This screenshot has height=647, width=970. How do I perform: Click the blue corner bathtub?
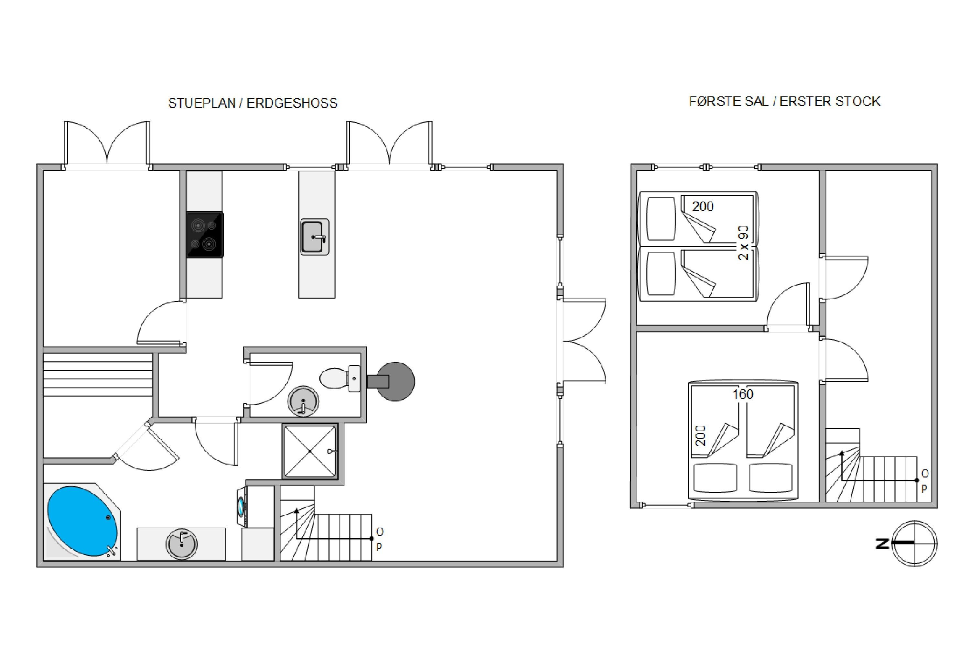82,521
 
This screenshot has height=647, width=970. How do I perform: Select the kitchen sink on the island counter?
315,237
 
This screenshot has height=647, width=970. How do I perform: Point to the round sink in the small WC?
303,401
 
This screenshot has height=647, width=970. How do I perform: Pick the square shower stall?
310,451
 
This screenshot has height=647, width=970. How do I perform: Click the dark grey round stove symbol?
395,381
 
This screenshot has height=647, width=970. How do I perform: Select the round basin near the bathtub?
181,544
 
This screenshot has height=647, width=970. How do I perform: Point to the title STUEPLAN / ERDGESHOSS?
253,103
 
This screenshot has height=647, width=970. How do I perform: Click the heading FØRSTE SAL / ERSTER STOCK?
784,102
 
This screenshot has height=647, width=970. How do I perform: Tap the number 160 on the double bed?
743,394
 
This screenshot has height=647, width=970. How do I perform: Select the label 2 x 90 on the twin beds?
743,243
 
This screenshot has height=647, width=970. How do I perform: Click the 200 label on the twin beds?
703,206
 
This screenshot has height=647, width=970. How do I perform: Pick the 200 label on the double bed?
701,436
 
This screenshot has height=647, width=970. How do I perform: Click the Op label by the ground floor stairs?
379,539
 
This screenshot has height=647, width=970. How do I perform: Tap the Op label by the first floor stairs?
925,480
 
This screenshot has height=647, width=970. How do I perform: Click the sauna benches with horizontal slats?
98,375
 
